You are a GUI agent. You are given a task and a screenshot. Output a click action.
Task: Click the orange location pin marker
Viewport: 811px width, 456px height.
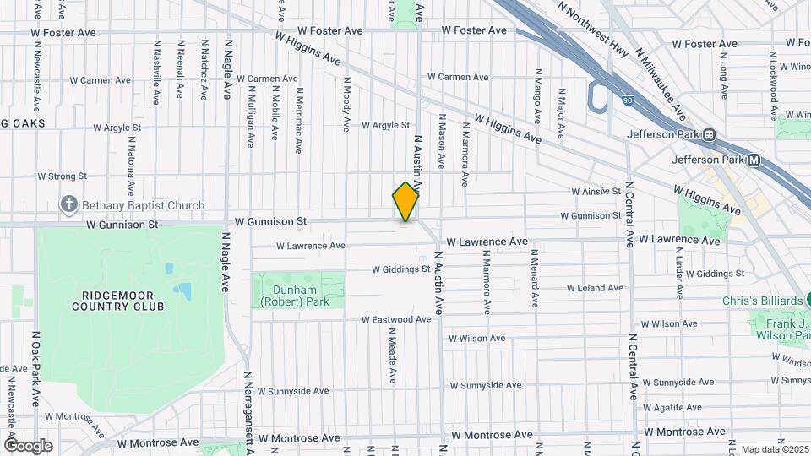pos(406,202)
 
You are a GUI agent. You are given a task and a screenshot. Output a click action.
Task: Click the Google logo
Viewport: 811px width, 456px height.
pos(28,445)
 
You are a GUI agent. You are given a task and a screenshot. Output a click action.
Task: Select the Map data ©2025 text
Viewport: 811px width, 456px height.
pos(773,449)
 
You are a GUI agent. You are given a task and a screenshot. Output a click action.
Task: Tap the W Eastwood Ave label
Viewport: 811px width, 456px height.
pos(396,320)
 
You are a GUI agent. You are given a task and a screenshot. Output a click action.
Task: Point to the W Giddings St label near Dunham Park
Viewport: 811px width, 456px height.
pos(401,270)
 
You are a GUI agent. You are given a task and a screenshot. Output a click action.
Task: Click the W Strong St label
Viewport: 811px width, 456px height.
pos(63,176)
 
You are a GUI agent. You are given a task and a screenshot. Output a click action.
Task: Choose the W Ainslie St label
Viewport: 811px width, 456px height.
pos(595,192)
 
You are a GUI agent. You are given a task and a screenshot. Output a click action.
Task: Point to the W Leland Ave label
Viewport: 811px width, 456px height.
pos(595,288)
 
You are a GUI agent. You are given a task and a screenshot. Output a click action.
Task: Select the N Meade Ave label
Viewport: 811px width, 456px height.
pos(392,356)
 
